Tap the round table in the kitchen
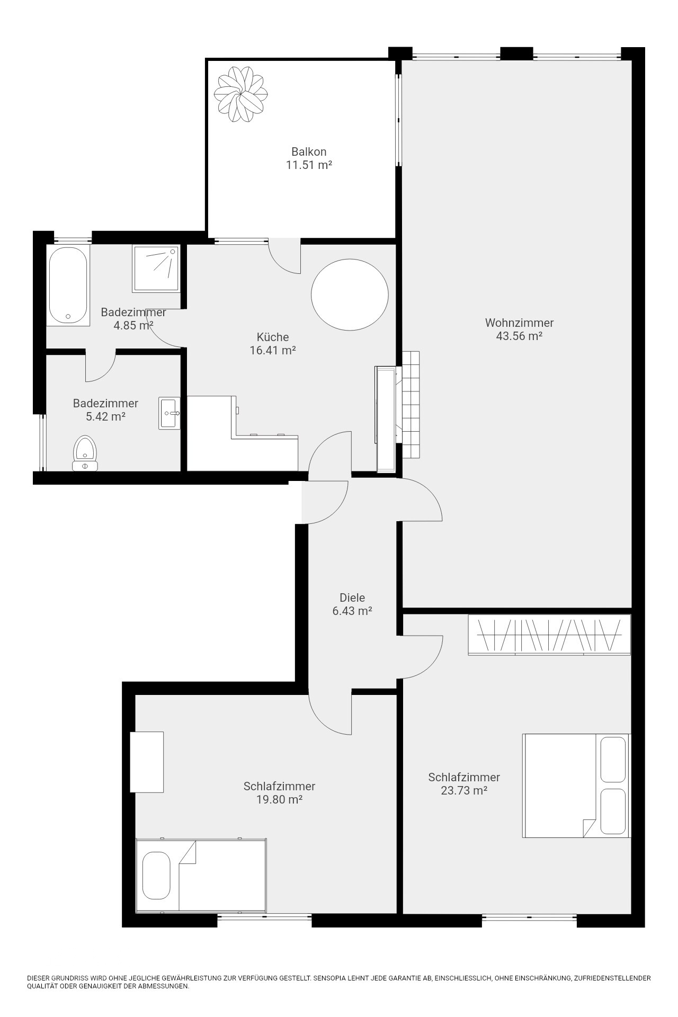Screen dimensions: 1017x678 [x=350, y=295]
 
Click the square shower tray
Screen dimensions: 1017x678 [x=156, y=268]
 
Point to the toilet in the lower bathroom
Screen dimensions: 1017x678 [x=85, y=453]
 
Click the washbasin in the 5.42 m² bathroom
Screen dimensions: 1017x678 [x=169, y=413]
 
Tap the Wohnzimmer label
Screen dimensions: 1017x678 [x=519, y=323]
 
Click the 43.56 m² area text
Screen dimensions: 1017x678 [x=519, y=336]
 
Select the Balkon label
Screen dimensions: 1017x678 [x=309, y=152]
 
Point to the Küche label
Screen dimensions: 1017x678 [x=273, y=337]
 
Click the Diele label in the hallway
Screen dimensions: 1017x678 [x=352, y=597]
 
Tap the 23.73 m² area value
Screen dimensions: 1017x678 [x=464, y=791]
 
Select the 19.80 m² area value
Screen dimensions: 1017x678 [x=279, y=799]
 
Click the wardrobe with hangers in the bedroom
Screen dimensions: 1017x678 [x=549, y=635]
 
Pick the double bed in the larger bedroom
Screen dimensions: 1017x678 [x=576, y=786]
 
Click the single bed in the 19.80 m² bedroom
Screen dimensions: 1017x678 [x=201, y=876]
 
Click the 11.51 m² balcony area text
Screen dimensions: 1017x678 [x=309, y=165]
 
